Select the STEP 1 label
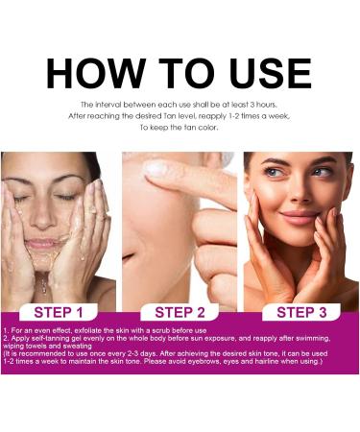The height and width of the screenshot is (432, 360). click(x=65, y=312)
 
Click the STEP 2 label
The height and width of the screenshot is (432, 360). click(x=180, y=312)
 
